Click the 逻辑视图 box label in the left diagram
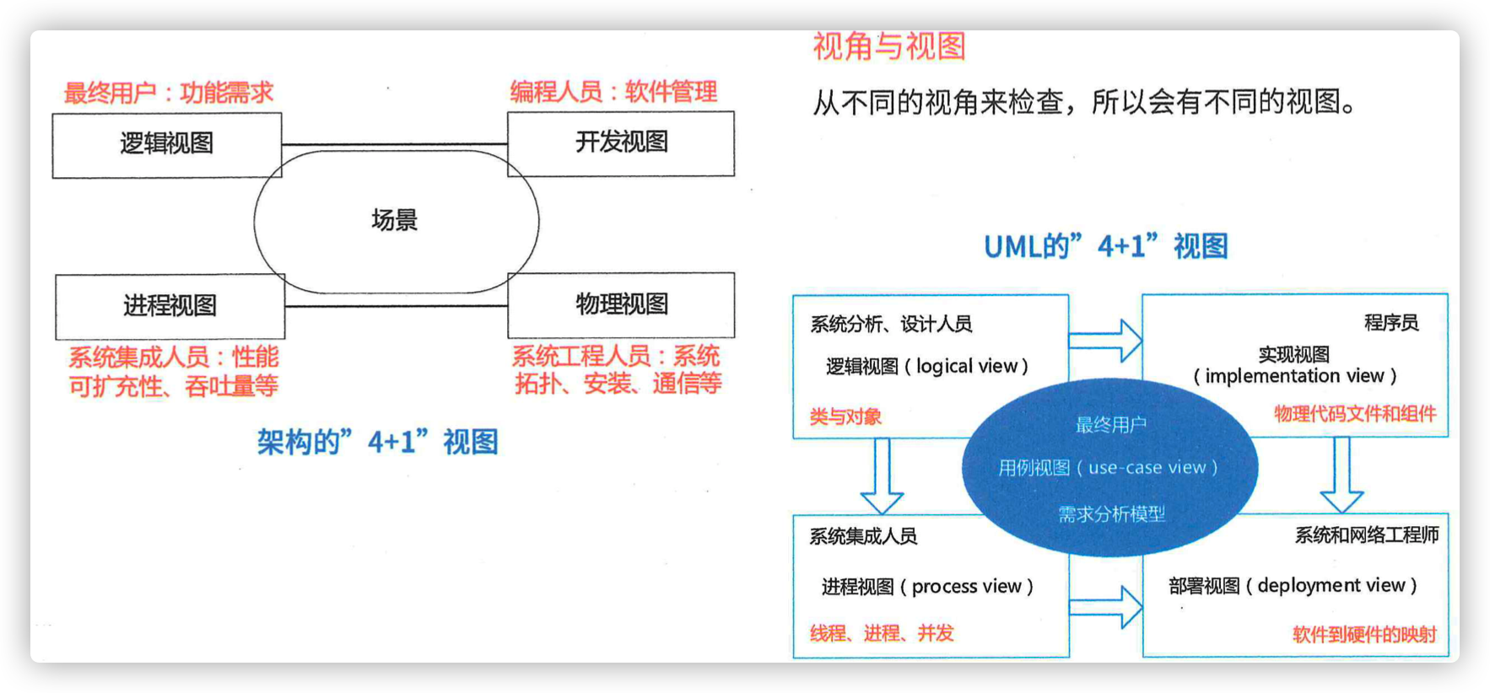[166, 143]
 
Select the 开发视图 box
[621, 143]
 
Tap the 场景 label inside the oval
[395, 220]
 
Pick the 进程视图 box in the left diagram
[170, 306]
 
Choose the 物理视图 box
[621, 304]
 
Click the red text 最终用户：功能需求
[169, 93]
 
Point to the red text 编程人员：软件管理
[613, 92]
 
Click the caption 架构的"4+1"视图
[378, 441]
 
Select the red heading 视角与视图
[889, 46]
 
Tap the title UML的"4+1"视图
[1106, 246]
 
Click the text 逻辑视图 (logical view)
[927, 366]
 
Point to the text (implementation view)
[1294, 375]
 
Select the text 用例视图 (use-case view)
[1108, 467]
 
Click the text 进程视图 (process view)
[927, 586]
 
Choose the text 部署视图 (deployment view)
[1293, 585]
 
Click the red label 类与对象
[845, 416]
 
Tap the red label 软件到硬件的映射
[1364, 634]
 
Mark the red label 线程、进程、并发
[882, 633]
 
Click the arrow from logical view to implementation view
[1105, 341]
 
